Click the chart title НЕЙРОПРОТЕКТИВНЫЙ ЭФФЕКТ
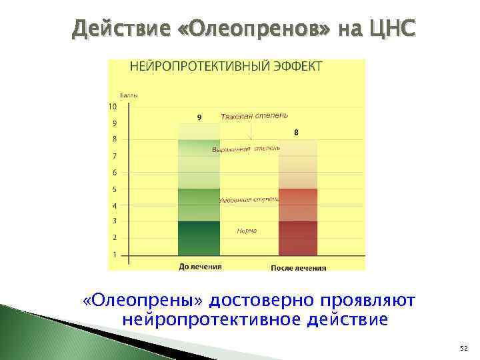(x=225, y=66)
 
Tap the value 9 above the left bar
(x=199, y=118)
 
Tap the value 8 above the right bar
(x=296, y=133)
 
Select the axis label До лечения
(x=200, y=267)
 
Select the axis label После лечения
(x=299, y=268)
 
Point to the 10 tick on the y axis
(x=112, y=107)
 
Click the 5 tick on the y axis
(x=114, y=189)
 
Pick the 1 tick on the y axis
(x=115, y=254)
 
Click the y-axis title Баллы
(x=129, y=96)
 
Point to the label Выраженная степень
(x=246, y=149)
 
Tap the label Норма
(x=247, y=231)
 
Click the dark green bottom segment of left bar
(x=199, y=238)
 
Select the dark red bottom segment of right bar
(x=298, y=238)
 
